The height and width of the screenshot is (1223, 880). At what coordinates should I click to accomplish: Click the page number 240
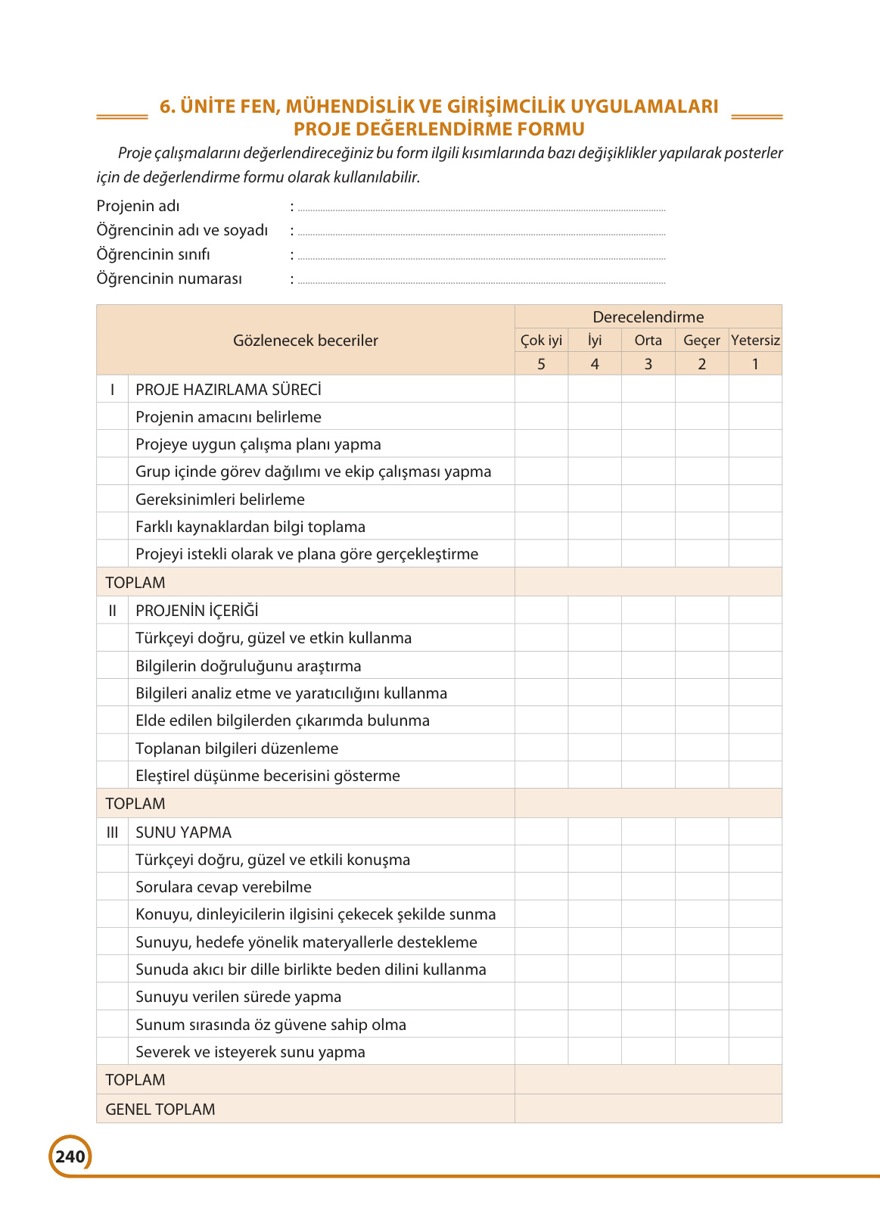70,1156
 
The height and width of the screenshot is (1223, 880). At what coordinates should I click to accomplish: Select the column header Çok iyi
541,341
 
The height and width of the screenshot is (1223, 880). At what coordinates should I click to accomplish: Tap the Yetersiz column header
755,341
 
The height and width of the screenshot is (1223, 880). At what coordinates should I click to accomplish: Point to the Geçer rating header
701,341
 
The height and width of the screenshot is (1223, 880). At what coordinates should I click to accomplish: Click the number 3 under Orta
648,364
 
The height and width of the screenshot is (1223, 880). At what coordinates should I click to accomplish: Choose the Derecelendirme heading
648,317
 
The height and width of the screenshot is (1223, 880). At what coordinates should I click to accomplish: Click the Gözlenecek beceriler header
305,341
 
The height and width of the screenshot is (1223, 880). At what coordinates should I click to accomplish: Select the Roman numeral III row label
112,832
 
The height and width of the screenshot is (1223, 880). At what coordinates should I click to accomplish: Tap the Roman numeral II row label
112,611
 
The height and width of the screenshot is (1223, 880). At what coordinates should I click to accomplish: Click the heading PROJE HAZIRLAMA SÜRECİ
229,390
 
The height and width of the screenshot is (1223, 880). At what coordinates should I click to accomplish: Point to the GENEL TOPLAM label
160,1109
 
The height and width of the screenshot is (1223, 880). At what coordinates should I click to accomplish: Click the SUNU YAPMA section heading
183,832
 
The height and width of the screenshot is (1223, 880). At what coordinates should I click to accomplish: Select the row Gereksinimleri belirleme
220,499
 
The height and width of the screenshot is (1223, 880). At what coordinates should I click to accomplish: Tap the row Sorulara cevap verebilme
223,887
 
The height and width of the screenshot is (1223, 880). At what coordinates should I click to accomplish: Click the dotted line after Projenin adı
481,209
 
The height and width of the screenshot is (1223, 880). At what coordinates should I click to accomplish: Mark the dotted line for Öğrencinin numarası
481,282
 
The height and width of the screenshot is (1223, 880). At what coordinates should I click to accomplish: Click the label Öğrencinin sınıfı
154,254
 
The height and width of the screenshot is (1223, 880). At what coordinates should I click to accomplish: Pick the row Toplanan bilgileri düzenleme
237,748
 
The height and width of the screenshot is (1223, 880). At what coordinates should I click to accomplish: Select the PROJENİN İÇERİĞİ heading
197,611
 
